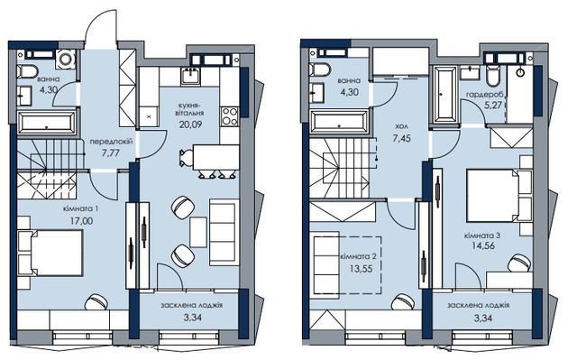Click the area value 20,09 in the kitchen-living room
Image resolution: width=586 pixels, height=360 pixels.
click(x=190, y=125)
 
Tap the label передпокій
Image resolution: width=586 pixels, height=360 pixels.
click(x=111, y=142)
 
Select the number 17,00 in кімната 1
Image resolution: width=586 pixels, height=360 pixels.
click(x=81, y=221)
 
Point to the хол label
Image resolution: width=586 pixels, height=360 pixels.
click(x=401, y=127)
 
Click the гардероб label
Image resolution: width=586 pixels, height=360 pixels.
click(x=485, y=95)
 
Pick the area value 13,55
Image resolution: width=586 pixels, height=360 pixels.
click(x=361, y=269)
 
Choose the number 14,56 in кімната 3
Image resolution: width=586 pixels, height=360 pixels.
click(x=483, y=246)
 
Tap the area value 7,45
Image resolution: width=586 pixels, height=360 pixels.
click(x=401, y=138)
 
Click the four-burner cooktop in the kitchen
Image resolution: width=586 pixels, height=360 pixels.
click(x=230, y=116)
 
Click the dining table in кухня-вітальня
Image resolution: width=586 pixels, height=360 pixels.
click(x=215, y=157)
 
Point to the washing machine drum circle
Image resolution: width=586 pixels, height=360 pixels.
click(x=66, y=60)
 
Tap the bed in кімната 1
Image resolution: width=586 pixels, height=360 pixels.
click(x=50, y=253)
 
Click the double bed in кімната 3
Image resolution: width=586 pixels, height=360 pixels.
click(x=499, y=196)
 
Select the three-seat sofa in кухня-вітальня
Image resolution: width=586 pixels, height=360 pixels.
click(x=224, y=232)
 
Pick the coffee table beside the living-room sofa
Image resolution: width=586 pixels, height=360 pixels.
click(x=198, y=232)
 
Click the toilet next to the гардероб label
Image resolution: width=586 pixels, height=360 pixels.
click(x=493, y=75)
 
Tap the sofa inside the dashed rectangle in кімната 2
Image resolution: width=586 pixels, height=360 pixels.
click(x=326, y=263)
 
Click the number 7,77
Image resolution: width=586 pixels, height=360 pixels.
click(x=111, y=152)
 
